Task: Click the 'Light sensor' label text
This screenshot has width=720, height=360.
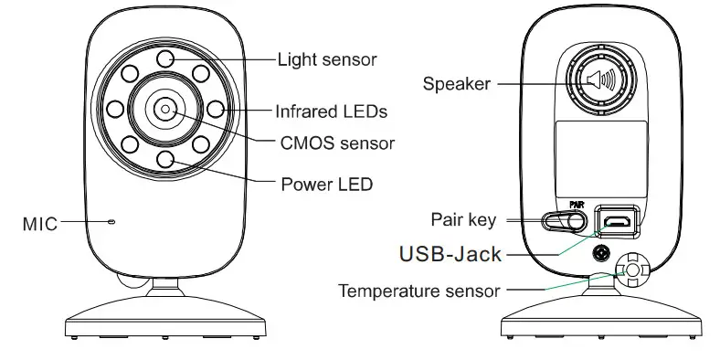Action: coord(327,59)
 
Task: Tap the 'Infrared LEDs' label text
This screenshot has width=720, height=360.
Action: coord(332,111)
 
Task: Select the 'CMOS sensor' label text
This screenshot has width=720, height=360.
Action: coord(337,143)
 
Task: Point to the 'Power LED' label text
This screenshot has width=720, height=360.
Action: coord(327,184)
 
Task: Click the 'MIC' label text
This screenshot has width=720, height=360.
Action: coord(39,222)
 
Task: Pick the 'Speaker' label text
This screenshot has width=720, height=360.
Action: coord(456,84)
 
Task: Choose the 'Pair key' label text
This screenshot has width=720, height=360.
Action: coord(462,219)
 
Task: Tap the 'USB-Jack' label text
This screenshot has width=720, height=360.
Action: coord(450,253)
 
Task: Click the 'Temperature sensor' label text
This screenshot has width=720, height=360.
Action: coord(419,291)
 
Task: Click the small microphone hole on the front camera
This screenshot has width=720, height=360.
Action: coord(111,221)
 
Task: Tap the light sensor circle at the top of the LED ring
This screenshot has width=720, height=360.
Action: coord(165,58)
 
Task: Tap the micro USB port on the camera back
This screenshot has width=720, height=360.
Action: coord(618,221)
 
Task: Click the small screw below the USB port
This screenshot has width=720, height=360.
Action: coord(601,252)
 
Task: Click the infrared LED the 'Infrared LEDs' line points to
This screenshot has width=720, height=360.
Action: coord(216,110)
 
